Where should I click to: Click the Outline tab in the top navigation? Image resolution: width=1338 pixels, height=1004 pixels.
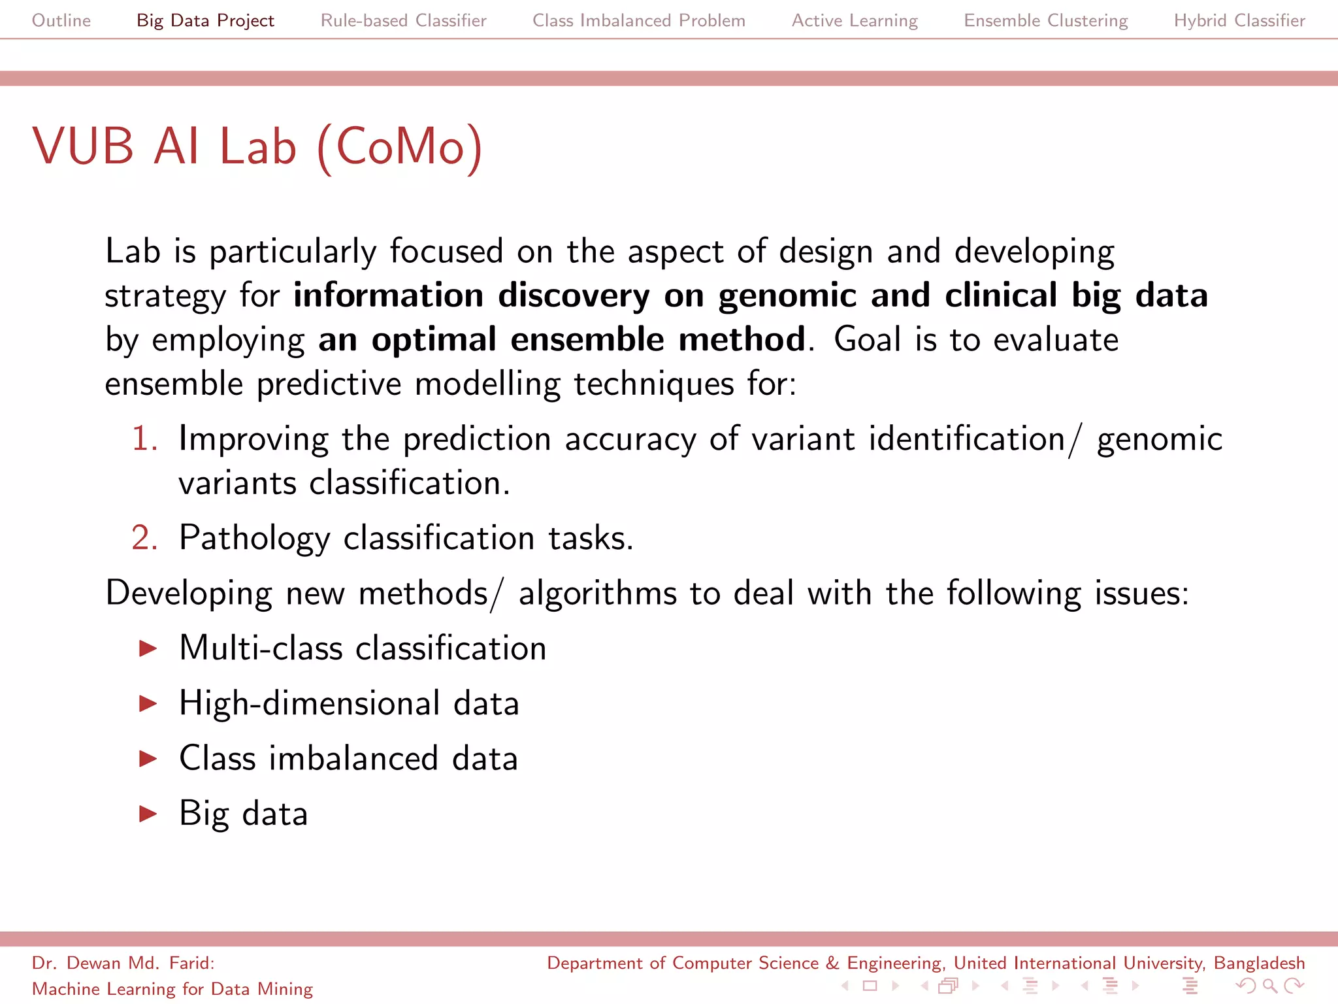61,20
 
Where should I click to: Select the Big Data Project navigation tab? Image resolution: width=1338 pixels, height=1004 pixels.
205,20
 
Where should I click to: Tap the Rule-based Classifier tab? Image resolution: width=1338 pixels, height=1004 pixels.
403,20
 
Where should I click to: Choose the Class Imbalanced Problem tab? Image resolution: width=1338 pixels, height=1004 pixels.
638,20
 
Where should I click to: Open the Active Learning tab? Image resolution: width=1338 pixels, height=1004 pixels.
855,20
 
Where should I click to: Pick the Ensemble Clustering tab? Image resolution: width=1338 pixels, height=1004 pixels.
1045,20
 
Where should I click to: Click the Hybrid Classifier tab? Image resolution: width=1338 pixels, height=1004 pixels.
1239,20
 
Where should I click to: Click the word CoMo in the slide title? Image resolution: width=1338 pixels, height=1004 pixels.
400,146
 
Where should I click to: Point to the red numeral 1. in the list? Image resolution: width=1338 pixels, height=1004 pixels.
144,438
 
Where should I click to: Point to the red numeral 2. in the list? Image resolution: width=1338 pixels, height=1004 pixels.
144,538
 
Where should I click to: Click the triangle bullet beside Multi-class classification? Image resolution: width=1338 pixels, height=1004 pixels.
149,648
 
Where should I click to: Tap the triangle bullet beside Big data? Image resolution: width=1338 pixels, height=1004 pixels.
149,814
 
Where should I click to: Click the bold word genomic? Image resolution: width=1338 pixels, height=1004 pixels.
787,295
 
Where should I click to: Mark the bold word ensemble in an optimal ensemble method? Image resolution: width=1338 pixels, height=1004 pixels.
587,340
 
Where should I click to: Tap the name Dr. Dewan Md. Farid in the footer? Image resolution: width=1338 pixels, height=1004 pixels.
122,963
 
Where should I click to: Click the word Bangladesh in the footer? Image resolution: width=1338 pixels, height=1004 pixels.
1259,963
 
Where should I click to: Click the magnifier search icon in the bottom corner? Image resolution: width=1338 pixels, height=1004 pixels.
1269,985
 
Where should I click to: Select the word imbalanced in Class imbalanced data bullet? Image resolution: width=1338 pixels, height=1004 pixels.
353,759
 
